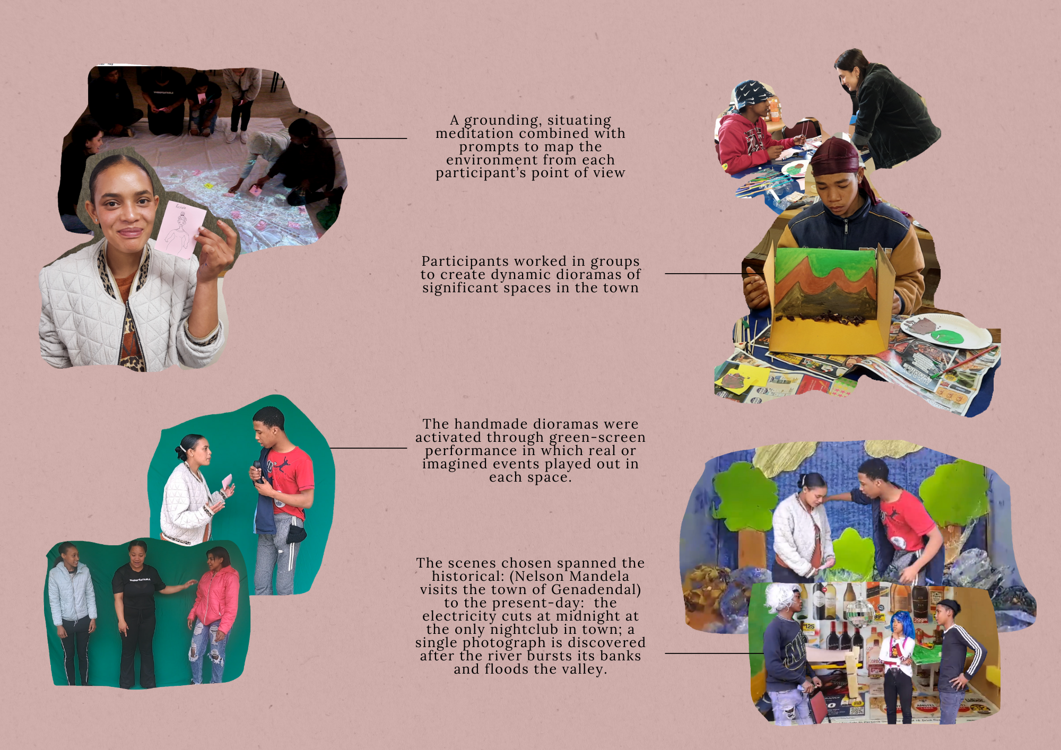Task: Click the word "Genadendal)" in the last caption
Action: pyautogui.click(x=596, y=590)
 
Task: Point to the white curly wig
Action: pyautogui.click(x=780, y=598)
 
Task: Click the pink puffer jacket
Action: pyautogui.click(x=215, y=595)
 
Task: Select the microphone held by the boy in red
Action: pyautogui.click(x=258, y=471)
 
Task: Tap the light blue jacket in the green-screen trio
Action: pyautogui.click(x=72, y=592)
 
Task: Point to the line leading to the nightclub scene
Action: pyautogui.click(x=714, y=653)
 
